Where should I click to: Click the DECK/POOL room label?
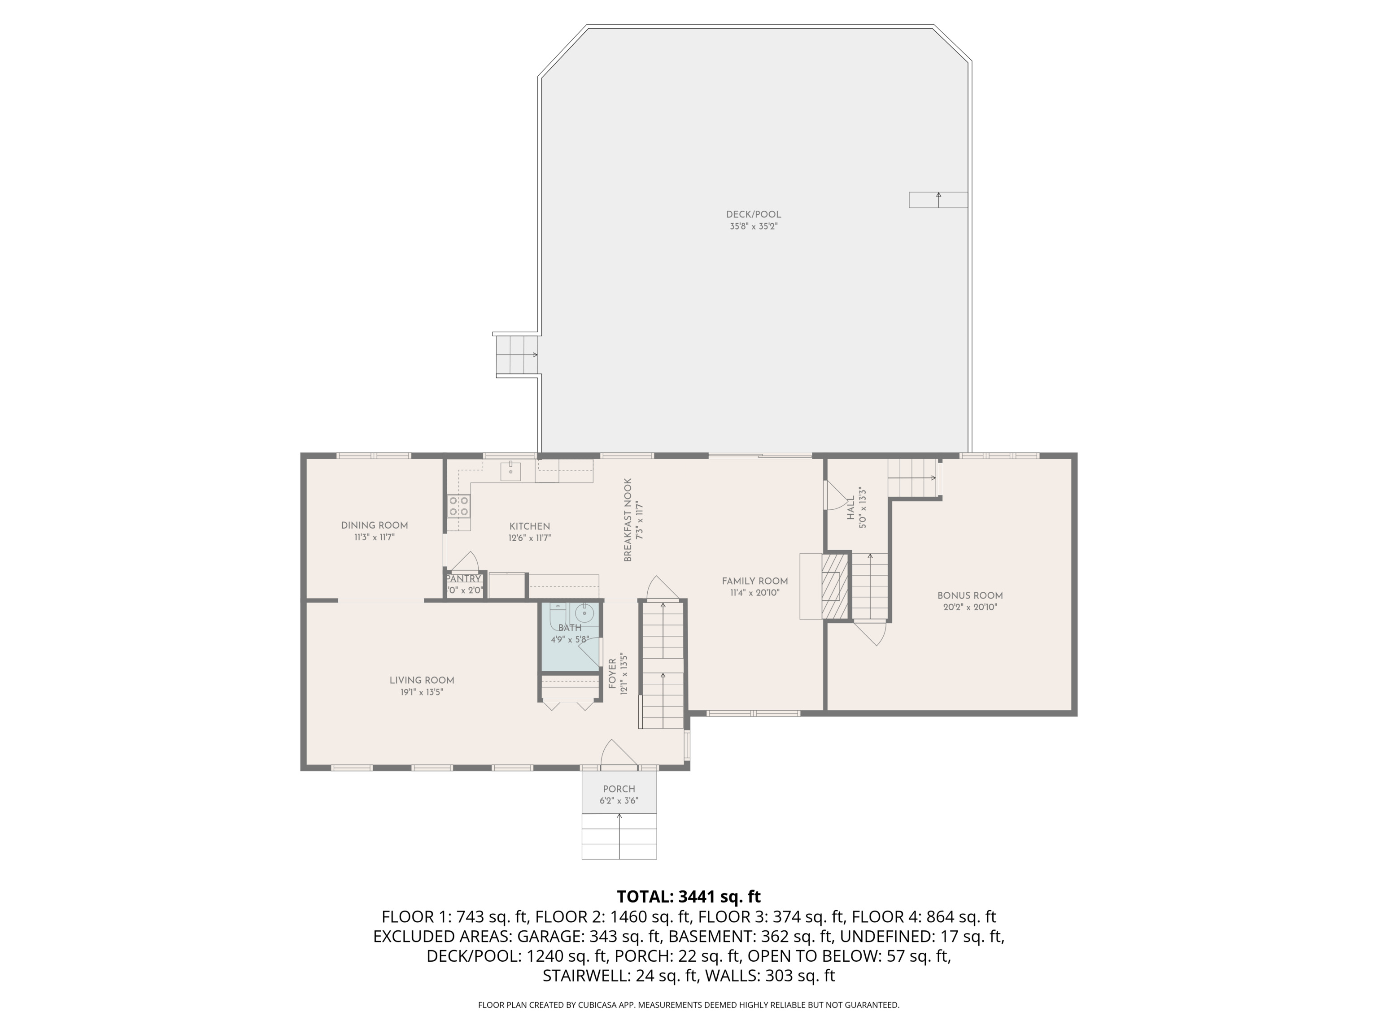[x=753, y=214]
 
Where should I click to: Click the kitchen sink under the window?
[x=511, y=471]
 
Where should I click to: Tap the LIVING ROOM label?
[x=422, y=680]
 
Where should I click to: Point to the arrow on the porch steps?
[x=619, y=834]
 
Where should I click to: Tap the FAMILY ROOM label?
[x=754, y=581]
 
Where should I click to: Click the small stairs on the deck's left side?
[x=516, y=355]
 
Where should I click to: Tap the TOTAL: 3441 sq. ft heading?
[x=689, y=897]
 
